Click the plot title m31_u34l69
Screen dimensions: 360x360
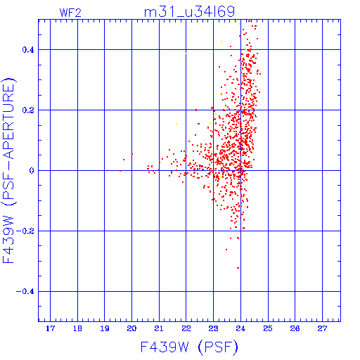[x=189, y=12]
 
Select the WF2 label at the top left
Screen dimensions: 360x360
[x=70, y=13]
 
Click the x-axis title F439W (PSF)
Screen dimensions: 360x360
[x=189, y=347]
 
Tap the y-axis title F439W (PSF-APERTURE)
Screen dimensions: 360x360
[x=8, y=171]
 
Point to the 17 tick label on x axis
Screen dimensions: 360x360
[x=50, y=328]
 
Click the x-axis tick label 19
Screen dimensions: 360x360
[x=105, y=328]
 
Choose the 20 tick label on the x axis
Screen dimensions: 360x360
[x=131, y=328]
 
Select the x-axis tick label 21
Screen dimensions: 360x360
[x=159, y=328]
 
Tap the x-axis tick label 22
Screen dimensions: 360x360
[x=186, y=328]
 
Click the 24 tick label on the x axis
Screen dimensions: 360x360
[x=240, y=328]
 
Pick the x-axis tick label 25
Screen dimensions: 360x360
[x=268, y=328]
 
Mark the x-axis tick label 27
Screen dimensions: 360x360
[x=322, y=328]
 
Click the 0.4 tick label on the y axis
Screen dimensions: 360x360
[x=28, y=50]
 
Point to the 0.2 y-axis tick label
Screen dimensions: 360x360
[x=28, y=110]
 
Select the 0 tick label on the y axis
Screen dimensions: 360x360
[x=32, y=171]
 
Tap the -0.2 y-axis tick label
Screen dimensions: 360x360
[x=25, y=231]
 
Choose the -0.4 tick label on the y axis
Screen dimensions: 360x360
[x=25, y=292]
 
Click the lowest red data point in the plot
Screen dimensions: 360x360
[x=238, y=268]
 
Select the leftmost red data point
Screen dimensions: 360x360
[x=120, y=171]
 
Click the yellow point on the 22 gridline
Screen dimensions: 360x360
[x=186, y=53]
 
